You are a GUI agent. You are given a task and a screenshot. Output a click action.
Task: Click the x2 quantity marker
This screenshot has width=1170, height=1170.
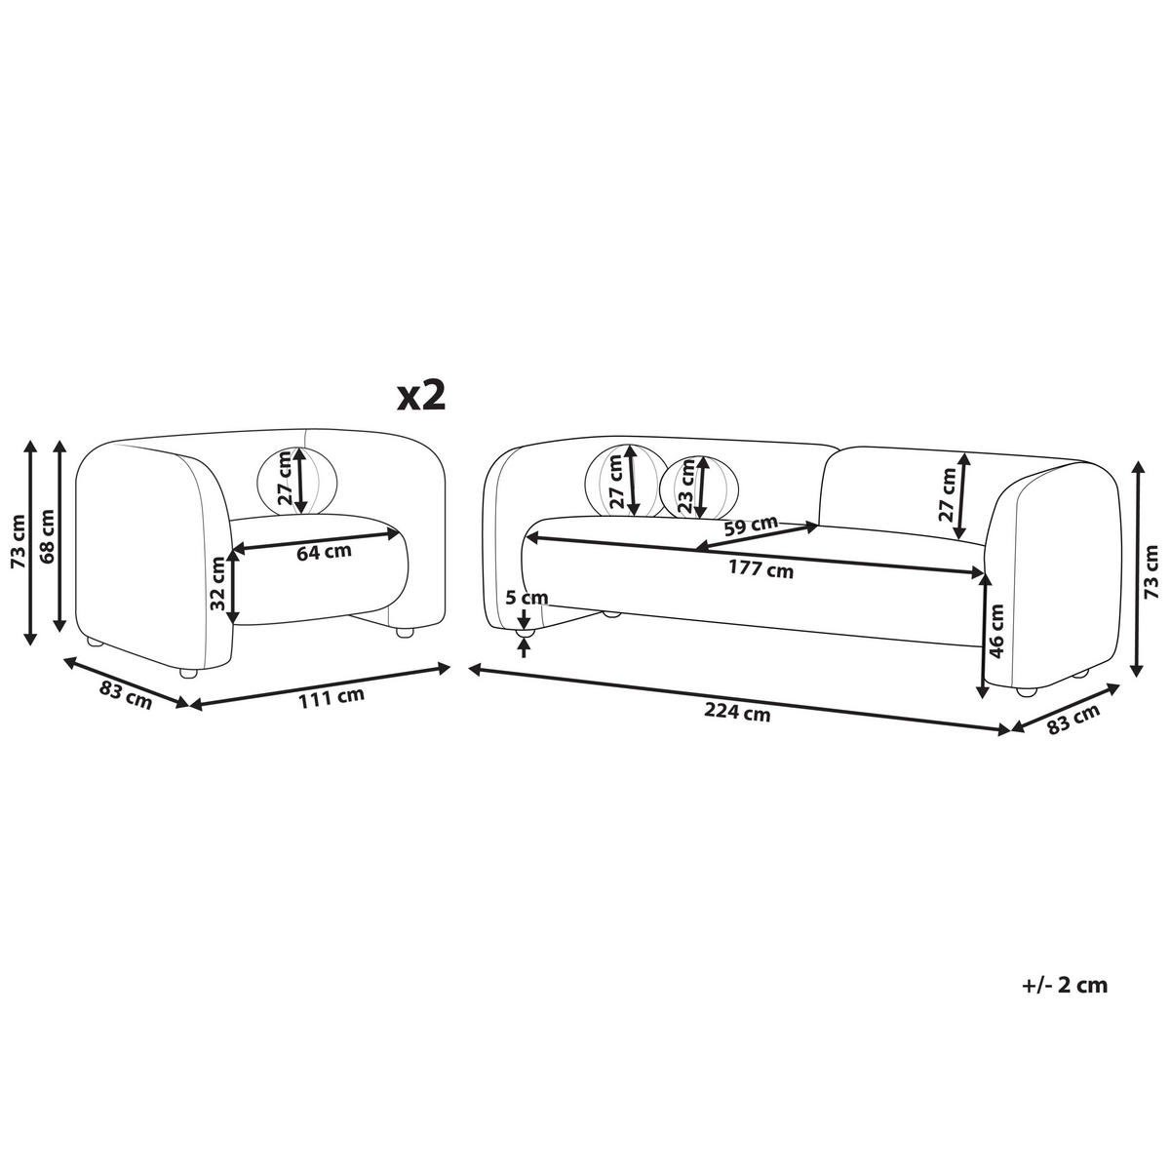pyautogui.click(x=421, y=397)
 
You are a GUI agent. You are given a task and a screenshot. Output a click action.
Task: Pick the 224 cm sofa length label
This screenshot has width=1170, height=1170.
pyautogui.click(x=736, y=712)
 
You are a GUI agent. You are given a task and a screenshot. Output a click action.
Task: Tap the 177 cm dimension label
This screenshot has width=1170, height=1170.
pyautogui.click(x=760, y=569)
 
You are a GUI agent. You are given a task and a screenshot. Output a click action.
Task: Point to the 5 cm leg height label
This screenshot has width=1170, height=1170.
pyautogui.click(x=527, y=598)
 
